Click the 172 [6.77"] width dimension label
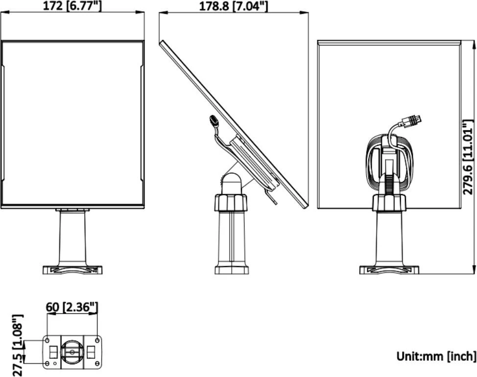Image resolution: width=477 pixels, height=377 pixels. click(x=72, y=5)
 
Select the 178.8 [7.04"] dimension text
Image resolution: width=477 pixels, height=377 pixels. click(x=233, y=6)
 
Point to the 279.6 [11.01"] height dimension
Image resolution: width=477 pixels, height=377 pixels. click(x=469, y=157)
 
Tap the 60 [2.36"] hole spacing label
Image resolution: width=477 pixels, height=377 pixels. click(x=72, y=307)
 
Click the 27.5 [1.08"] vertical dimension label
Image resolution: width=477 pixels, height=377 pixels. click(x=17, y=345)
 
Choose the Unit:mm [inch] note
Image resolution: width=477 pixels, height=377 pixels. click(x=436, y=356)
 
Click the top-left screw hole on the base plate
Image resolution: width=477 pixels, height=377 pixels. click(x=47, y=340)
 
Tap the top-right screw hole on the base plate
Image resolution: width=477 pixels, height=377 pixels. click(x=97, y=340)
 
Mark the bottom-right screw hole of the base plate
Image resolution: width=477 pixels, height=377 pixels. click(x=97, y=364)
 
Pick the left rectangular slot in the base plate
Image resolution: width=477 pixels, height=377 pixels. click(x=53, y=352)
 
